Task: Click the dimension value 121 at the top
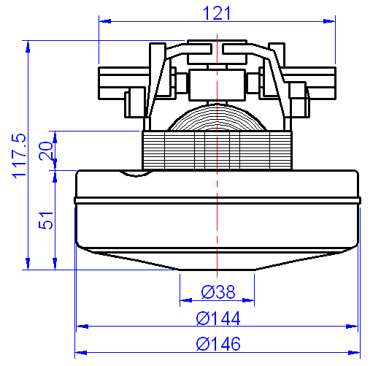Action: point(216,12)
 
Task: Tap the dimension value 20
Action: point(46,150)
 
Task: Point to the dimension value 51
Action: point(46,221)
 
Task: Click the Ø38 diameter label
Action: point(218,292)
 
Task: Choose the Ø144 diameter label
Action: point(218,319)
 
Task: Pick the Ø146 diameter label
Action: point(218,343)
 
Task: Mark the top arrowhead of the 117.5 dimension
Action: point(28,46)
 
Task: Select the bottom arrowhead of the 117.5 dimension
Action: point(28,264)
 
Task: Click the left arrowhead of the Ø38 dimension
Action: point(184,299)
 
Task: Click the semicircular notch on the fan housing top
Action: point(134,173)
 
